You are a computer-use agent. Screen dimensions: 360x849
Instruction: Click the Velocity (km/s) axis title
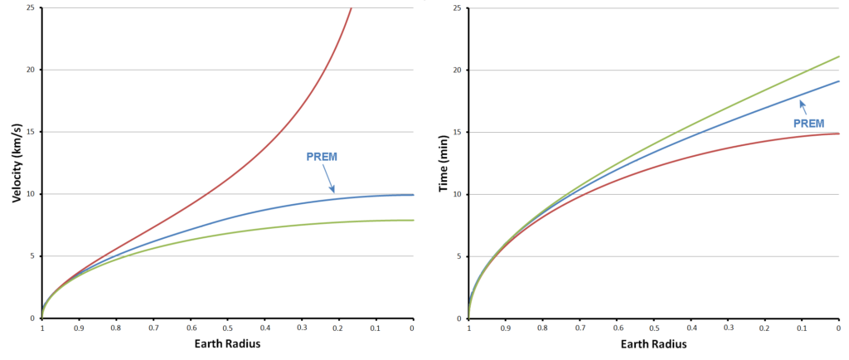coord(17,159)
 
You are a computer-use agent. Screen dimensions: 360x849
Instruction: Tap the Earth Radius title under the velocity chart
coord(227,344)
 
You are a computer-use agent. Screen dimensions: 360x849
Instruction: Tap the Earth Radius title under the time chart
coord(654,344)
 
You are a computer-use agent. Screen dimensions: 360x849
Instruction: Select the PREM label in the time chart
coord(809,123)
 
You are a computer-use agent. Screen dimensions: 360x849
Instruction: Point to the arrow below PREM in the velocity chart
coord(328,178)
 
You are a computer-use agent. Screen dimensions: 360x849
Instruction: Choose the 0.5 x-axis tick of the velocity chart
coord(227,328)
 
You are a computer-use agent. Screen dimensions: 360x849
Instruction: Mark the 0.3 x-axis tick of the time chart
coord(729,328)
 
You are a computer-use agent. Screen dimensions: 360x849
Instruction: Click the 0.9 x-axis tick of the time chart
coord(506,328)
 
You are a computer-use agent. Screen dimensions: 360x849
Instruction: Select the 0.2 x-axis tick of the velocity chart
coord(338,328)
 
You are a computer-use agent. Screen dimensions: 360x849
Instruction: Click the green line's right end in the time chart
coord(839,56)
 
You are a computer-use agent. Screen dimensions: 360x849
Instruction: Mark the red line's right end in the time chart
coord(839,134)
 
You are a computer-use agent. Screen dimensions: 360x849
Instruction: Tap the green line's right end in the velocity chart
coord(412,220)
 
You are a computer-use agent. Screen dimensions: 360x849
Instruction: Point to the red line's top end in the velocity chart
coord(352,8)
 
